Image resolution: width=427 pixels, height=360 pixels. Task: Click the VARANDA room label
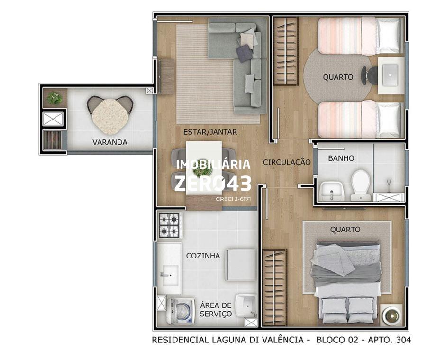click(x=110, y=142)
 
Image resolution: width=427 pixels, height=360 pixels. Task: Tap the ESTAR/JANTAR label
click(x=210, y=132)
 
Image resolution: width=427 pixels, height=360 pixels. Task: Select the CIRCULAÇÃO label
click(x=287, y=162)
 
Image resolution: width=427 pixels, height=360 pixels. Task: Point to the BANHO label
click(x=341, y=158)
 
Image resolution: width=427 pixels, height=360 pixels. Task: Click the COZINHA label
click(x=203, y=256)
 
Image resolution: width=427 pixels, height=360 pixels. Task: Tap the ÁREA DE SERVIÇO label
click(x=216, y=309)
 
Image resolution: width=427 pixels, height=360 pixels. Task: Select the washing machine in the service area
click(x=181, y=311)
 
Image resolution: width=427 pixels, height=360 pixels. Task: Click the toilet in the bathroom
click(x=361, y=185)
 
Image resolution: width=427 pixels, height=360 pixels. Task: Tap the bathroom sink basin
click(x=332, y=191)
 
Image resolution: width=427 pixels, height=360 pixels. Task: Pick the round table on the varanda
click(x=110, y=117)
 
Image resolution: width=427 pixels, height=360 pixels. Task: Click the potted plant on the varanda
click(x=55, y=98)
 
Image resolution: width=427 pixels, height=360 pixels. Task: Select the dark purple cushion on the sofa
click(x=244, y=53)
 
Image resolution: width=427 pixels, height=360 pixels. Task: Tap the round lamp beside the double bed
click(x=392, y=315)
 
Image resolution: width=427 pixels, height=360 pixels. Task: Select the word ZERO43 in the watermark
click(x=213, y=183)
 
